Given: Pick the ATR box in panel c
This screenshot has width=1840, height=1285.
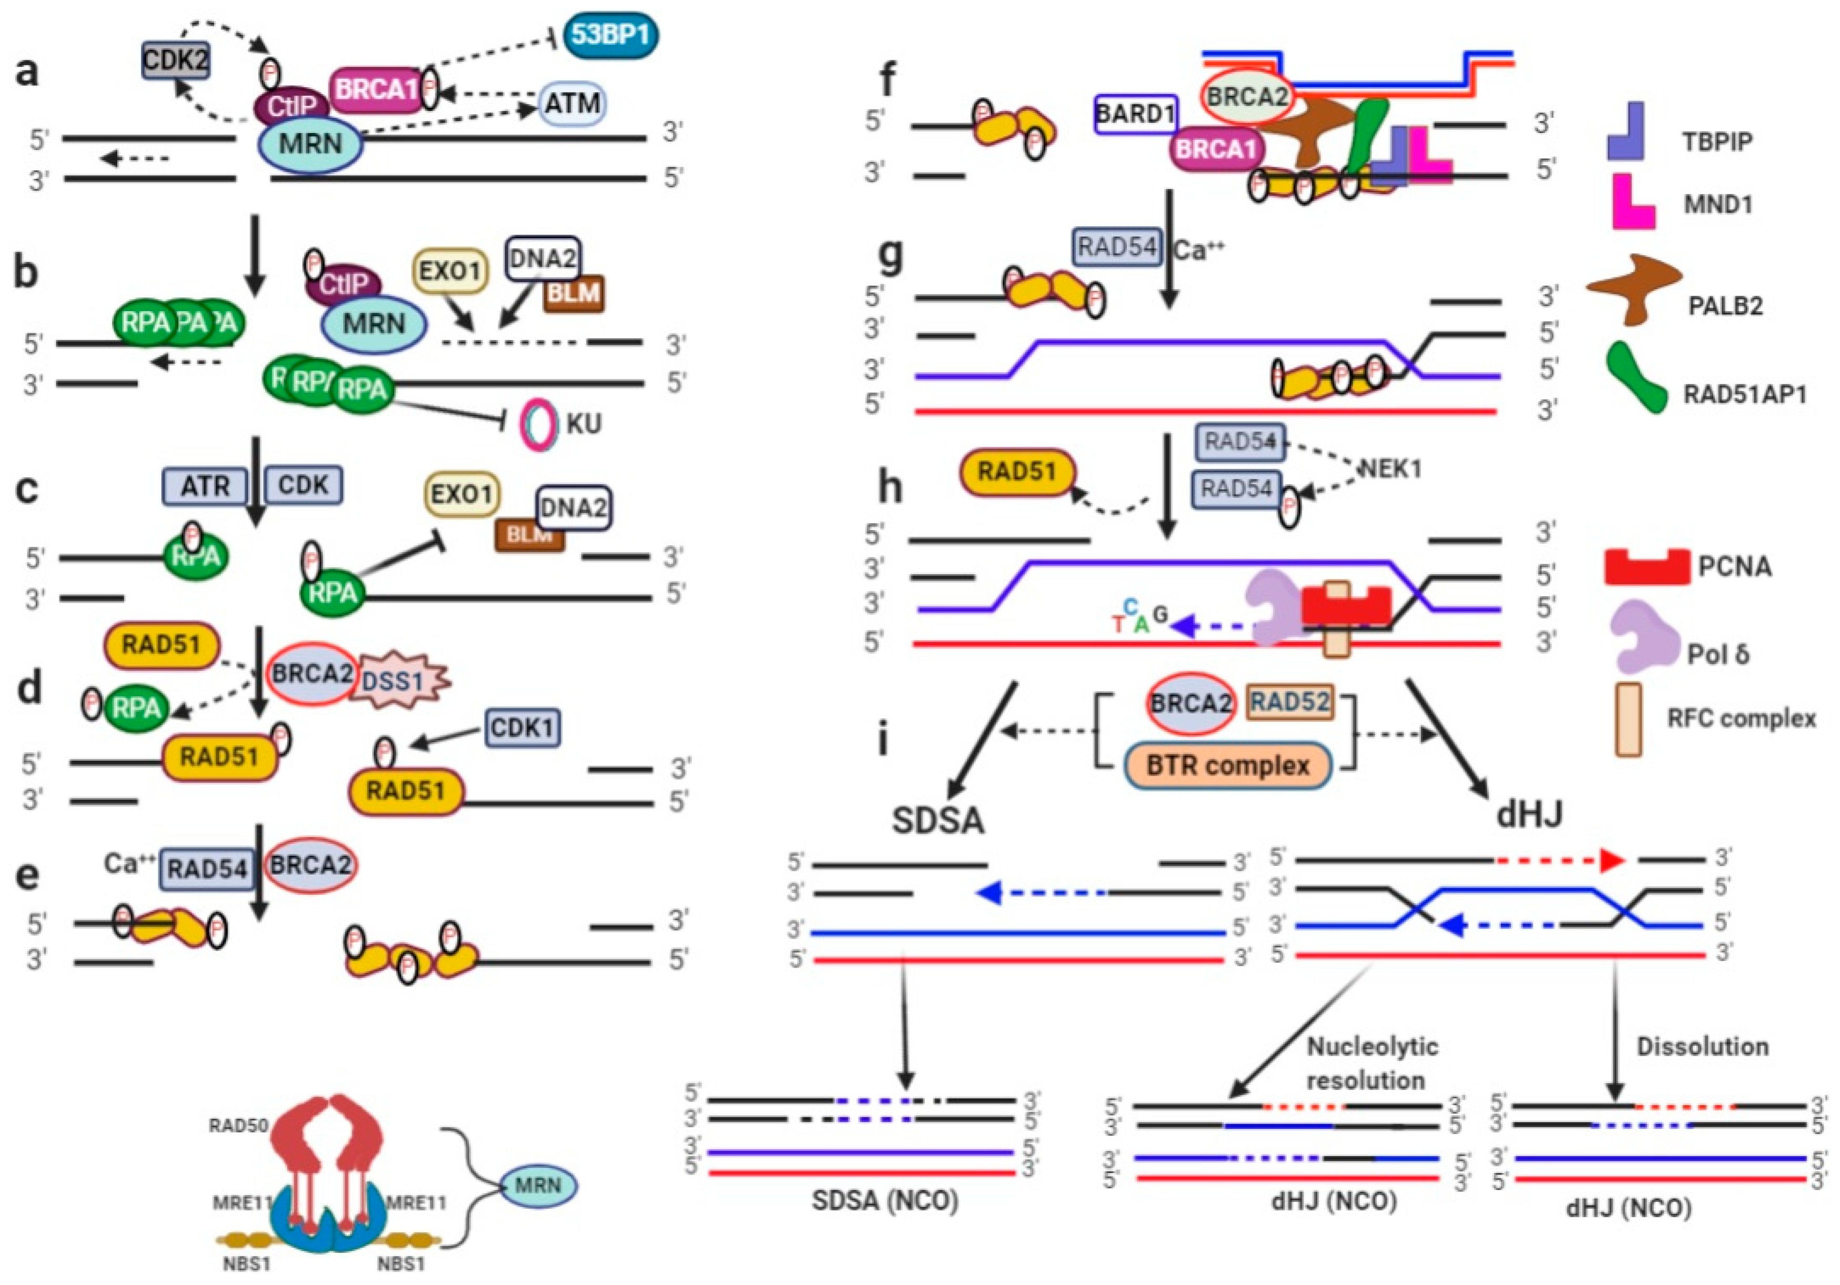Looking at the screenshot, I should [x=205, y=485].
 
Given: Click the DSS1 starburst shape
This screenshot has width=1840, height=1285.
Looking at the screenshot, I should [x=398, y=681].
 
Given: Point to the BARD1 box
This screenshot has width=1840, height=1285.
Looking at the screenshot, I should [x=1135, y=114].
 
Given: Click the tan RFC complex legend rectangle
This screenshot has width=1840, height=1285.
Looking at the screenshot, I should [x=1629, y=719].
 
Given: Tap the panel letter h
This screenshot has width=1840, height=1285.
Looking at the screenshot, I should [x=890, y=488].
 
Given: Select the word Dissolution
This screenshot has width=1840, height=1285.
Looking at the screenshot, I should [x=1702, y=1046].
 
